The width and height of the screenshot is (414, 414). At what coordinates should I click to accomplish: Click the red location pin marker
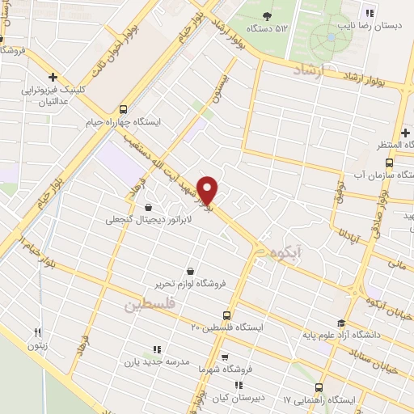point(208,190)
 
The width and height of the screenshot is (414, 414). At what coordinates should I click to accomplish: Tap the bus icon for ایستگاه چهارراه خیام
point(123,109)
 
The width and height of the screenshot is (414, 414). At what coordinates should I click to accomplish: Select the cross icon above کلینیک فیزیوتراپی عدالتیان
point(53,78)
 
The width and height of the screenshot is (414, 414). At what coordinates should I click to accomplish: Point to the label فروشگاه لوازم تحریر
point(188,284)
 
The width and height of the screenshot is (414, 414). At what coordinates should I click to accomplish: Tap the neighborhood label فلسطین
point(150,306)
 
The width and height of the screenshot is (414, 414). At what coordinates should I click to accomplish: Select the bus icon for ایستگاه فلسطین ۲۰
point(226,315)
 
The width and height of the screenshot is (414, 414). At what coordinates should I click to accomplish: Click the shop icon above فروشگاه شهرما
point(225,357)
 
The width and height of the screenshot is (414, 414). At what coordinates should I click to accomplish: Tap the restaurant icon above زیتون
point(37,332)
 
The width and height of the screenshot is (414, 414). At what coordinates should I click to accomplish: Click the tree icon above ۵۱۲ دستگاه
point(268,15)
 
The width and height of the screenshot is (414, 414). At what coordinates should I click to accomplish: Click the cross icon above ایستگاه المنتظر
point(404,132)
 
